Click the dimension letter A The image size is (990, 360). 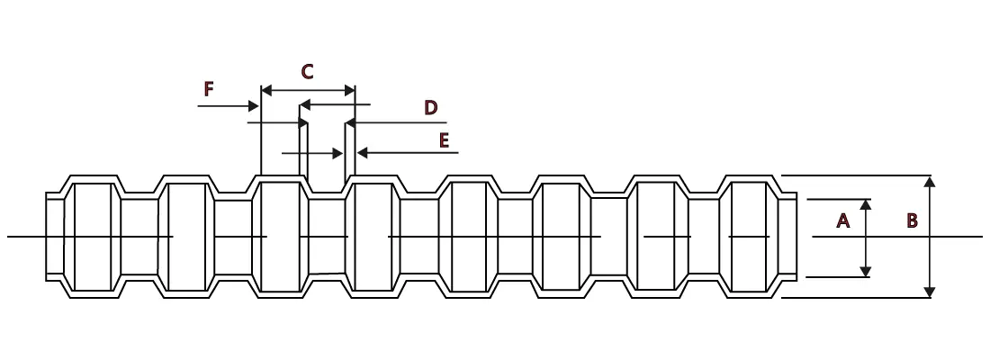click(x=843, y=220)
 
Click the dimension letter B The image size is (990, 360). click(x=913, y=220)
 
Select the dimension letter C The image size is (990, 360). click(x=307, y=72)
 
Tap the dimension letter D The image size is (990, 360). click(x=430, y=107)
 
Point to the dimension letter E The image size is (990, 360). click(x=444, y=140)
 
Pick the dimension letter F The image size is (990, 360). click(x=209, y=89)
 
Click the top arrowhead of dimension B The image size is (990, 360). click(x=930, y=182)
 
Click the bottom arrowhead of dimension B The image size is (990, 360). click(x=930, y=292)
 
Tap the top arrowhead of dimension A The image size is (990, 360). click(x=866, y=204)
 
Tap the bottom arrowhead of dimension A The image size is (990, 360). click(x=866, y=271)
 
